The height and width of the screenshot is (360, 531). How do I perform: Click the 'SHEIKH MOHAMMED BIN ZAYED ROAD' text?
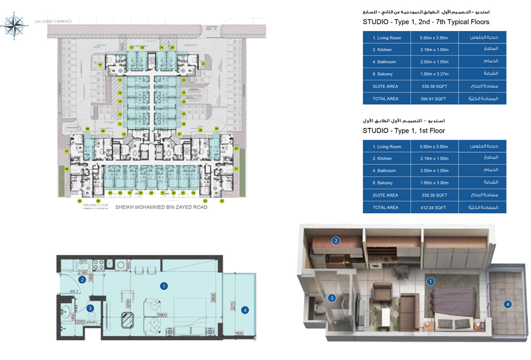[161, 207]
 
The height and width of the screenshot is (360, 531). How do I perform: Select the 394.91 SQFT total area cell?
[434, 99]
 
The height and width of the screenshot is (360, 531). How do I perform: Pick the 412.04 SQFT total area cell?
[434, 207]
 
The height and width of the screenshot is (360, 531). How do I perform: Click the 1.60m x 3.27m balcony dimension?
[434, 74]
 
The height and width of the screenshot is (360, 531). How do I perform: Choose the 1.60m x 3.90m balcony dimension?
[434, 183]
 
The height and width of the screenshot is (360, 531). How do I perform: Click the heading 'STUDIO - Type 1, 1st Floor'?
[404, 130]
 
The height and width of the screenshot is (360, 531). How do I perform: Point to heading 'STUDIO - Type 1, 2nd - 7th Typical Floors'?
[426, 22]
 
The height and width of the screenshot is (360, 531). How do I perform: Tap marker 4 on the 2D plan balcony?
[245, 310]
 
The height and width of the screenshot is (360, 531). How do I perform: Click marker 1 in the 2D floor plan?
[164, 286]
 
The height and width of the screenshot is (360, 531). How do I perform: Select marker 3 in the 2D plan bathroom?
[90, 308]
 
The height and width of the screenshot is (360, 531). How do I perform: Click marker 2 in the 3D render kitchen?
[336, 241]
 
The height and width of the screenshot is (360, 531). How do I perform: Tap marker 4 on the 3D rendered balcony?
[508, 304]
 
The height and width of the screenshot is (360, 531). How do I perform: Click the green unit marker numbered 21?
[203, 64]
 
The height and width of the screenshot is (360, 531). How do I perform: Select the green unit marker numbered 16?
[100, 65]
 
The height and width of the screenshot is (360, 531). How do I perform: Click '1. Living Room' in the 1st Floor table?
[387, 146]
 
